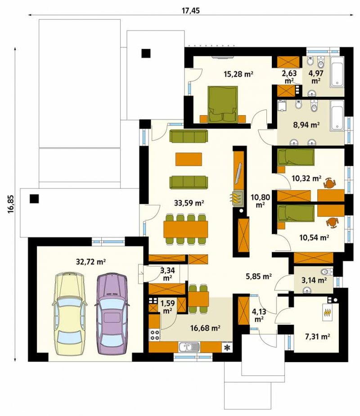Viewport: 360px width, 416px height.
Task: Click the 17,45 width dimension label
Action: click(x=191, y=10)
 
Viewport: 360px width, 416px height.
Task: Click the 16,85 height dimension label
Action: click(x=10, y=204)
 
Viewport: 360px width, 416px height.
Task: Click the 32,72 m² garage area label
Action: click(x=91, y=262)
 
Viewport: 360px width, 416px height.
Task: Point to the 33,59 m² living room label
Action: click(x=189, y=203)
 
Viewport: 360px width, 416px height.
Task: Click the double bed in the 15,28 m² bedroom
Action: click(x=222, y=104)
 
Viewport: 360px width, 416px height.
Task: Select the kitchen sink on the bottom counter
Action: click(x=189, y=347)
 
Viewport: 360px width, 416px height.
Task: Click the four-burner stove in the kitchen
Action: click(x=155, y=335)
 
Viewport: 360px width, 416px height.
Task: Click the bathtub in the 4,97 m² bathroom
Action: click(x=337, y=72)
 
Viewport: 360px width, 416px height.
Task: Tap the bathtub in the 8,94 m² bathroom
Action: click(x=337, y=116)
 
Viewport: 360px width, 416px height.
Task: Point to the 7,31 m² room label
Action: click(x=318, y=337)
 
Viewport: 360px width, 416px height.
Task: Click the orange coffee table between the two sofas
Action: click(x=189, y=159)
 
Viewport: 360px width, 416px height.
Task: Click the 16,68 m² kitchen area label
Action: click(x=205, y=328)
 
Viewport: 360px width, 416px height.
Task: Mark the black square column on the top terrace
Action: click(x=146, y=54)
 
